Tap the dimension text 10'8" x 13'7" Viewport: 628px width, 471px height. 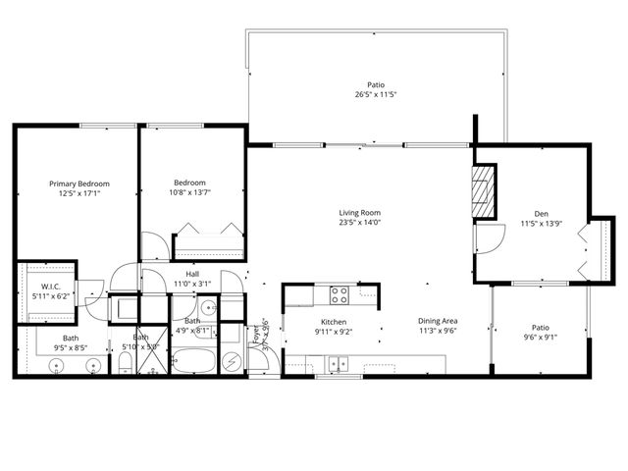(x=190, y=193)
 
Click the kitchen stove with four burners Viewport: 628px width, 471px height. (x=340, y=293)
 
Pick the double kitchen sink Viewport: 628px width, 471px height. (x=340, y=363)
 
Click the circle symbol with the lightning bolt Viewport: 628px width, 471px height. (x=231, y=361)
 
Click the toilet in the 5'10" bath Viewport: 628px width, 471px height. (x=126, y=365)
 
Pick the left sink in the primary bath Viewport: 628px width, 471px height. (x=57, y=365)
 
